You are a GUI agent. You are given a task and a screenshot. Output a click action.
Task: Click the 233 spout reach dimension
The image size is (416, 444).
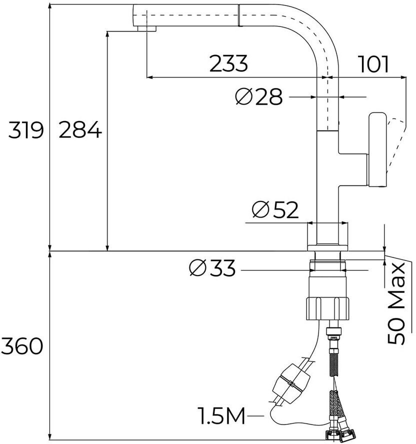click(x=228, y=64)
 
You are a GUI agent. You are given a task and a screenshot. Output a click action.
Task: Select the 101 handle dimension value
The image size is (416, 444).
click(x=373, y=64)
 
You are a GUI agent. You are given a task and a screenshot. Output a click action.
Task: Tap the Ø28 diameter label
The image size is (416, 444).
click(x=259, y=97)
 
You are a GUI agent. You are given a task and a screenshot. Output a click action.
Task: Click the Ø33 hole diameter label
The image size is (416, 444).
click(x=212, y=269)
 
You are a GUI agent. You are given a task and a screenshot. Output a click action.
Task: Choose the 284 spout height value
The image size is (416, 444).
click(x=80, y=131)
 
